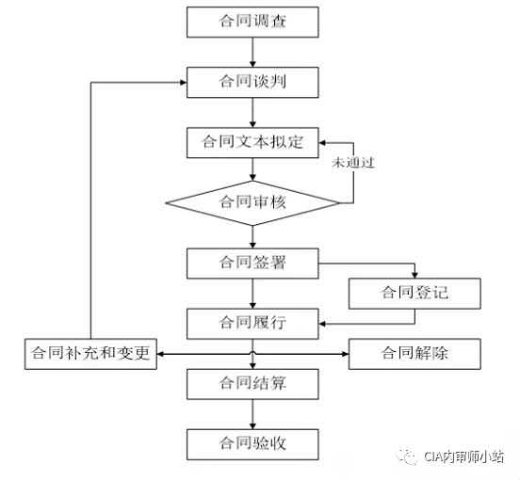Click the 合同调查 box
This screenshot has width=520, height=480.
pyautogui.click(x=252, y=21)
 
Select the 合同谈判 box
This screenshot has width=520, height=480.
pyautogui.click(x=252, y=82)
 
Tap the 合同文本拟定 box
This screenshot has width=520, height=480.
pyautogui.click(x=252, y=142)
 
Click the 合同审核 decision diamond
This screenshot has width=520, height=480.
pyautogui.click(x=252, y=202)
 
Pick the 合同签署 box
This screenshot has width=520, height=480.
pyautogui.click(x=252, y=263)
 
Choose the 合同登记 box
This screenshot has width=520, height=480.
pyautogui.click(x=415, y=293)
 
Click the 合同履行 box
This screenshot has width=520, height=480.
pyautogui.click(x=252, y=323)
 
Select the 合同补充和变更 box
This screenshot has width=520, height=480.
pyautogui.click(x=90, y=355)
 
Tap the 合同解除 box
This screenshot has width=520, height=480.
pyautogui.click(x=415, y=354)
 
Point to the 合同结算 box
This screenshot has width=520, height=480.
pyautogui.click(x=252, y=383)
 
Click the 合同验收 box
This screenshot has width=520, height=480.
pyautogui.click(x=252, y=443)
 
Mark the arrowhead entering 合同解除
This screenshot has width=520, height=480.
pyautogui.click(x=344, y=354)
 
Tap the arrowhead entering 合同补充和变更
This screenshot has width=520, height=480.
pyautogui.click(x=161, y=354)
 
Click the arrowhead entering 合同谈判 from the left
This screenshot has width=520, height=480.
pyautogui.click(x=182, y=82)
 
